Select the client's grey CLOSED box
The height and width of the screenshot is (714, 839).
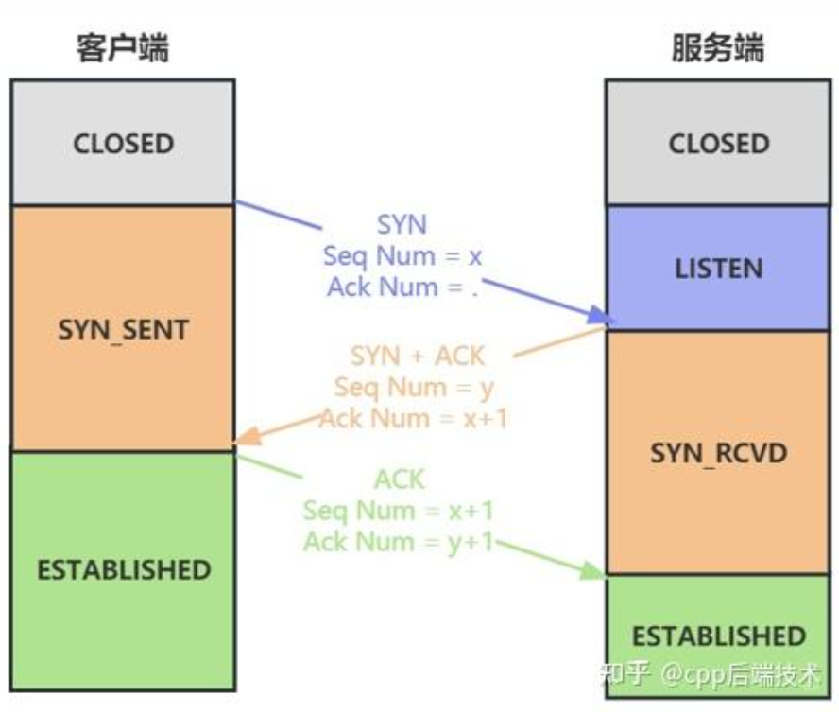click(x=123, y=144)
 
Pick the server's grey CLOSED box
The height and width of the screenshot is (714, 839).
click(x=718, y=144)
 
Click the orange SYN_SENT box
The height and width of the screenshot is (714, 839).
click(x=123, y=329)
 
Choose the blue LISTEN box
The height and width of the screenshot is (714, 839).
click(x=718, y=268)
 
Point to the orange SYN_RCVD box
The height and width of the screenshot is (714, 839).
click(x=718, y=453)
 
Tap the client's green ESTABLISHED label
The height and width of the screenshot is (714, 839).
click(x=123, y=570)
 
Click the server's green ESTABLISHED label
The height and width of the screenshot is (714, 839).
click(x=718, y=635)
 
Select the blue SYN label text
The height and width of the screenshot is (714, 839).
click(x=402, y=225)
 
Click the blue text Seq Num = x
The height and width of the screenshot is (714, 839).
click(x=403, y=256)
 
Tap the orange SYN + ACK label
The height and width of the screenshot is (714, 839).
click(x=417, y=356)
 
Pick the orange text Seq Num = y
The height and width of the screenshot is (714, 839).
click(x=414, y=387)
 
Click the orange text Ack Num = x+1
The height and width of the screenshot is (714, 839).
click(x=413, y=418)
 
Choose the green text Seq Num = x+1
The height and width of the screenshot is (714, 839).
click(x=398, y=511)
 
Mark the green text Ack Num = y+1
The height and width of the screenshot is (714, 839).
click(x=398, y=542)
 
